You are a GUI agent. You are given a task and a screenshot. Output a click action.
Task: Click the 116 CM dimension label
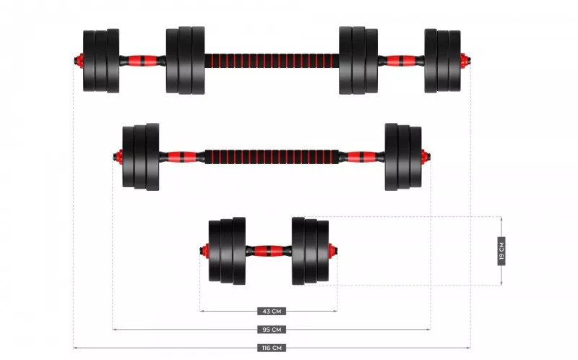[x=272, y=348]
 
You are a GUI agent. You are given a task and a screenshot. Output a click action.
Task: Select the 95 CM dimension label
[x=272, y=330]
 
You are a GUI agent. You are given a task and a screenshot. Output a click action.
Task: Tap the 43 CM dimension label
[x=272, y=312]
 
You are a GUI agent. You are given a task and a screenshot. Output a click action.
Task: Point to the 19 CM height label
[x=501, y=251]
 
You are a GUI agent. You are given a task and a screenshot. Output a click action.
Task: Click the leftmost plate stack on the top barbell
[x=100, y=60]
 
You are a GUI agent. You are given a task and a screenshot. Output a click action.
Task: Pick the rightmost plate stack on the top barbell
[x=443, y=60]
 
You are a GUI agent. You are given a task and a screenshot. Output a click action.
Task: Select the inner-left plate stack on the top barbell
[x=186, y=60]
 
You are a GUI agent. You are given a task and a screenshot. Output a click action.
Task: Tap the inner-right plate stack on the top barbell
[x=358, y=60]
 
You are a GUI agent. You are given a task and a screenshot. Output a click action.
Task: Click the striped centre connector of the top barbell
[x=272, y=60]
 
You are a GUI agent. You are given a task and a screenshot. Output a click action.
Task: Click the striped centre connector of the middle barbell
[x=272, y=156]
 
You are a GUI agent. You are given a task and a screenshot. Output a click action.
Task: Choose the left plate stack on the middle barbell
[x=140, y=156]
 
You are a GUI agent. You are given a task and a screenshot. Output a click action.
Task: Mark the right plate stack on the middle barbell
[x=402, y=156]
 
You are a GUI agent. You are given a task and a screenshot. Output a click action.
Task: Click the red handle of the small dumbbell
[x=269, y=252]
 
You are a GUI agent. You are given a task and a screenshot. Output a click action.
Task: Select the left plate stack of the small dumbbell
[x=227, y=252]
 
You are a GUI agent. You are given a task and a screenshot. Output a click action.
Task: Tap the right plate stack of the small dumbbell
[x=310, y=252]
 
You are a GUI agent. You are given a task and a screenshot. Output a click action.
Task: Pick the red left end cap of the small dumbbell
[x=204, y=252]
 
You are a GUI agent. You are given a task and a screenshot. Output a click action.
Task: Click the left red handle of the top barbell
[x=142, y=60]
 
